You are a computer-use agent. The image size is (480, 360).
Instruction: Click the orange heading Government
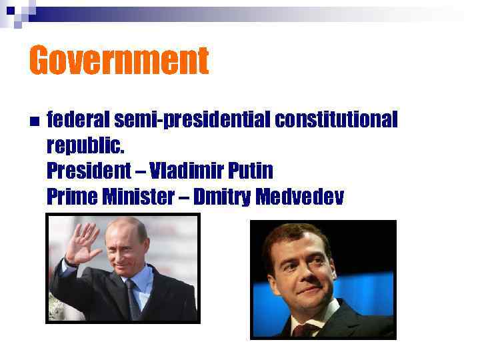pyautogui.click(x=119, y=61)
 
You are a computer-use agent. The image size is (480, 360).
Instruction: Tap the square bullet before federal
pyautogui.click(x=33, y=121)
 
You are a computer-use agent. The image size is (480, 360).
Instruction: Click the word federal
pyautogui.click(x=78, y=120)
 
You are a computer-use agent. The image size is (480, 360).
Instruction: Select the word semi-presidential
pyautogui.click(x=192, y=121)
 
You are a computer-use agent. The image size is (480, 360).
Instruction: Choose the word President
pyautogui.click(x=89, y=171)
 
